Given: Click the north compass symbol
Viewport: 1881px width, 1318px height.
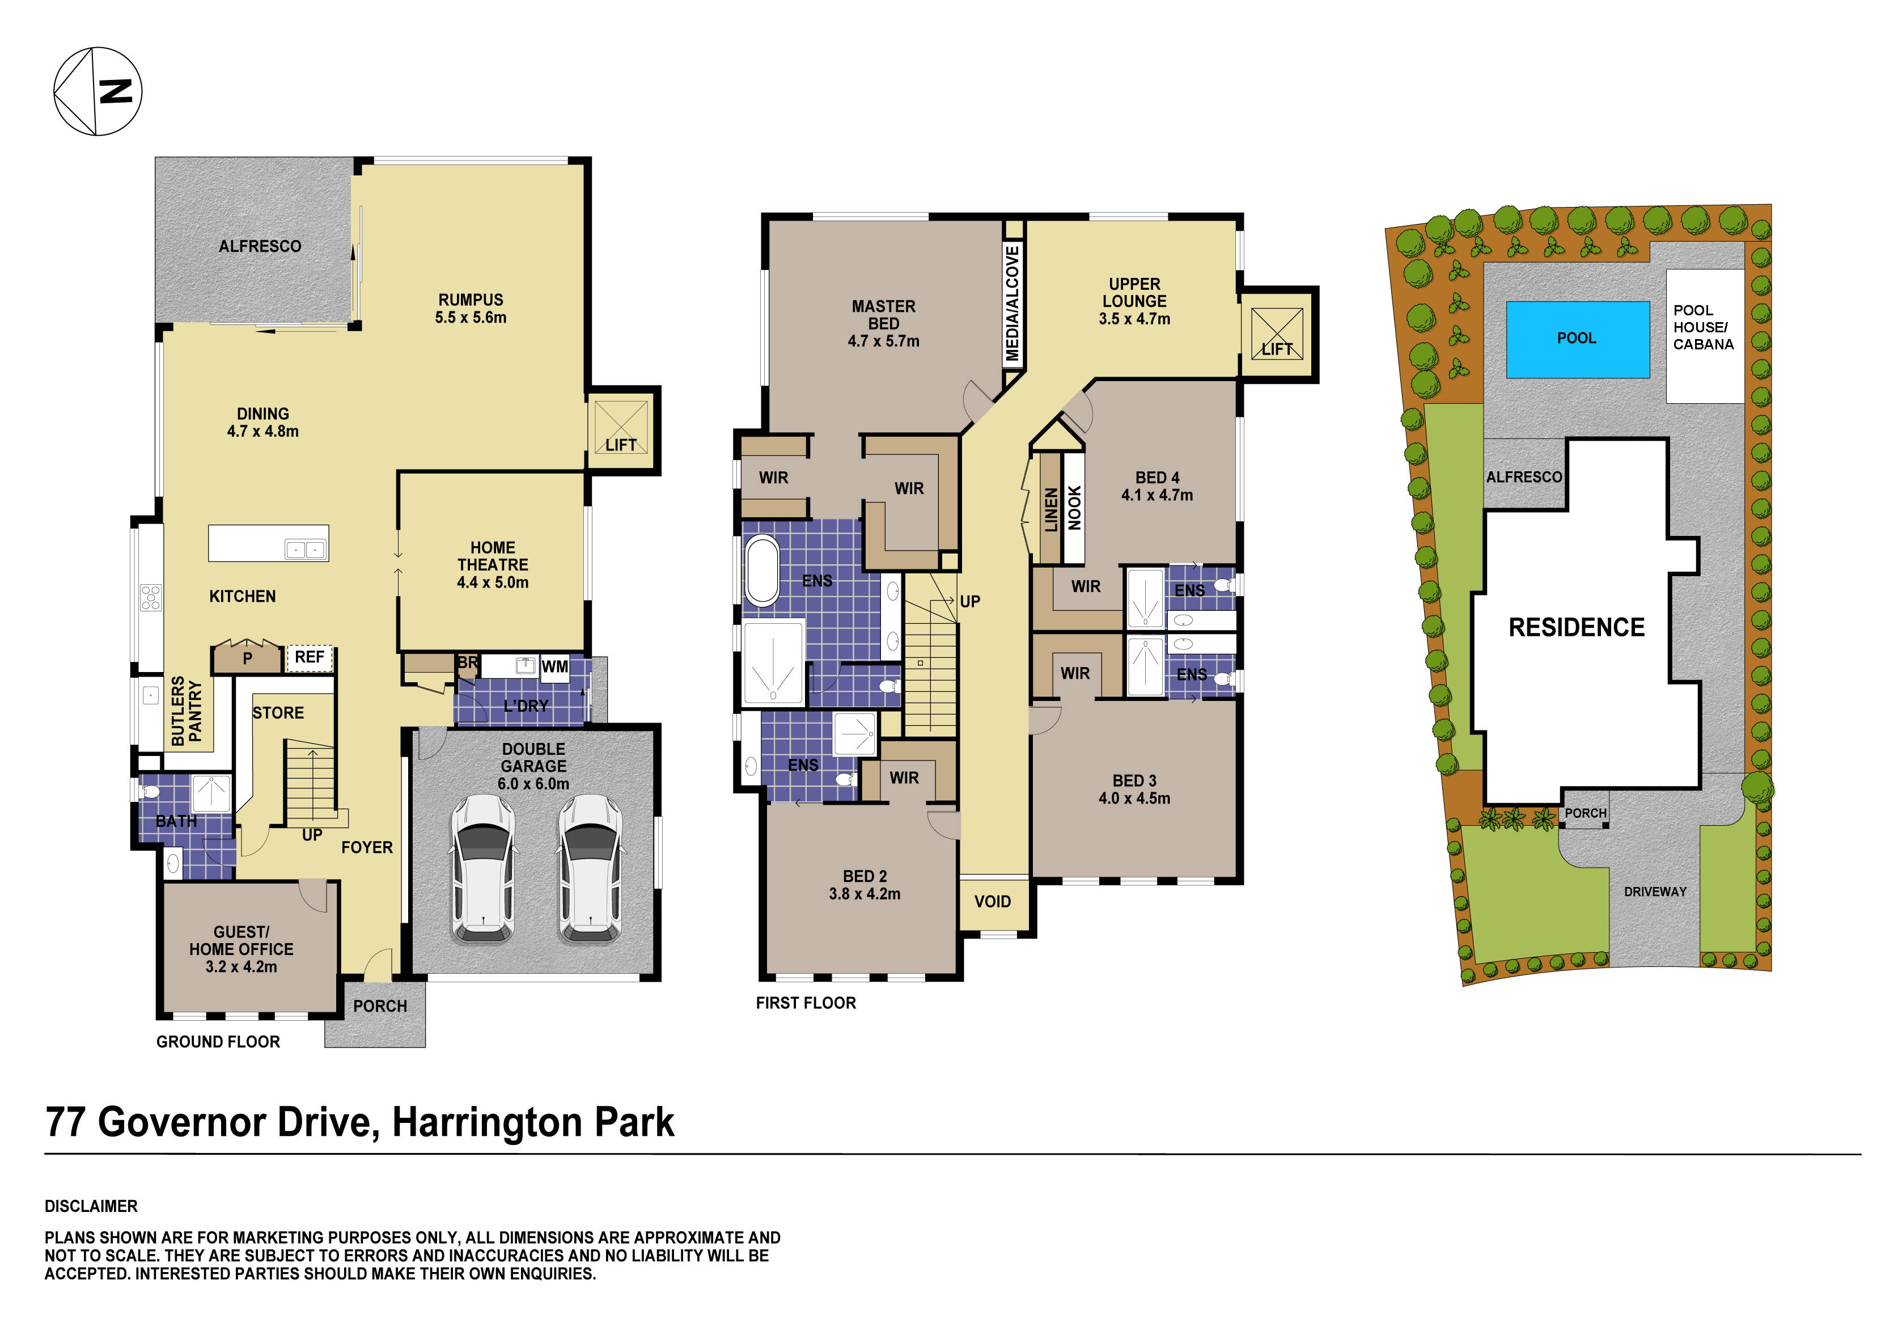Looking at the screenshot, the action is click(x=98, y=91).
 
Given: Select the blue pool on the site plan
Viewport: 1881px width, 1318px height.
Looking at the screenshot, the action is click(x=1577, y=339).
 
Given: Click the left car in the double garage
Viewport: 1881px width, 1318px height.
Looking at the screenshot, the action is click(x=484, y=868).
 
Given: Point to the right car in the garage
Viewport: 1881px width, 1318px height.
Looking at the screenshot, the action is click(x=590, y=868).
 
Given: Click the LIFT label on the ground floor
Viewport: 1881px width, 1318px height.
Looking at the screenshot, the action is click(x=621, y=445).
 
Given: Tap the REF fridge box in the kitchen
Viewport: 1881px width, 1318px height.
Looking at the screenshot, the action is click(x=309, y=657).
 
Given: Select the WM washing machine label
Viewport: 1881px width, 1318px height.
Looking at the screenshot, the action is click(x=554, y=666).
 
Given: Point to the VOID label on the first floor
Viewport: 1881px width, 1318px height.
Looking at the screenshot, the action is click(x=992, y=902).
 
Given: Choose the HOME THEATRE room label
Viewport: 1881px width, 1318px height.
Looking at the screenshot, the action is click(x=493, y=565).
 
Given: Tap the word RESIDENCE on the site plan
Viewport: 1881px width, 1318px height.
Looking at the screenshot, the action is click(x=1576, y=628).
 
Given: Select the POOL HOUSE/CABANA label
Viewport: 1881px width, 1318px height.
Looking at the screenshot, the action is click(x=1703, y=327).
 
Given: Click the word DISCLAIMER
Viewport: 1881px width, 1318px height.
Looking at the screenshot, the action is click(x=91, y=1206).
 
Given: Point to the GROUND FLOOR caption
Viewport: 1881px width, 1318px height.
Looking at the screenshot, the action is click(x=218, y=1042).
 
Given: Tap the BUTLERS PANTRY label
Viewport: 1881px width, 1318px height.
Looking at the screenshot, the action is click(x=187, y=711).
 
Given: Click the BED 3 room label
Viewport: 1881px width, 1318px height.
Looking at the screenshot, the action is click(x=1134, y=789).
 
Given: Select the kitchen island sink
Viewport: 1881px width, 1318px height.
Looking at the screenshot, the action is click(x=306, y=549).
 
